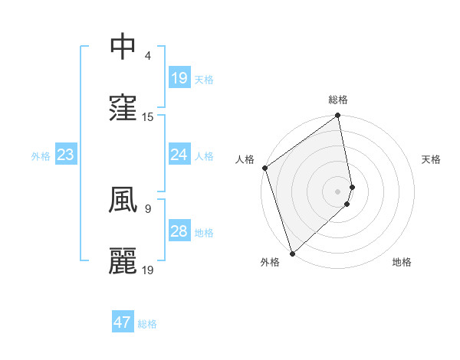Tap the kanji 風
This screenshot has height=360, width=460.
point(123,199)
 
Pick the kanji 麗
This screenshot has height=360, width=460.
point(123,260)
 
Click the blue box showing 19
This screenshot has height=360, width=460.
point(179,78)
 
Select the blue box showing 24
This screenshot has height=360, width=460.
point(179,155)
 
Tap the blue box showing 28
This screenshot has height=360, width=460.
point(179,231)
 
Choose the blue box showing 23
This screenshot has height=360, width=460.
point(66,155)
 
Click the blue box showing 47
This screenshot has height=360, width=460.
point(123,322)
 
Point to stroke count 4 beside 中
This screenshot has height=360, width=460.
point(147,55)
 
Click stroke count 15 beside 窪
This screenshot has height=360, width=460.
point(148,116)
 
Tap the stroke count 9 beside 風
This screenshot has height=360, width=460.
point(147,208)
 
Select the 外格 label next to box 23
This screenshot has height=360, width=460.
point(41,155)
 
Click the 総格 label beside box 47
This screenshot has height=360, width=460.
point(147,324)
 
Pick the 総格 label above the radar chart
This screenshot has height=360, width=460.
point(338,100)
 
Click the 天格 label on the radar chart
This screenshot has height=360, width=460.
point(432,159)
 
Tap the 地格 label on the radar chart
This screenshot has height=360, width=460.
point(402,262)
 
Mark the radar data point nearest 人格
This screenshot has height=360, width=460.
point(264,168)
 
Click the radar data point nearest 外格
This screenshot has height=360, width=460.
point(292,253)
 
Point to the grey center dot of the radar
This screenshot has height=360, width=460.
point(338,191)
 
